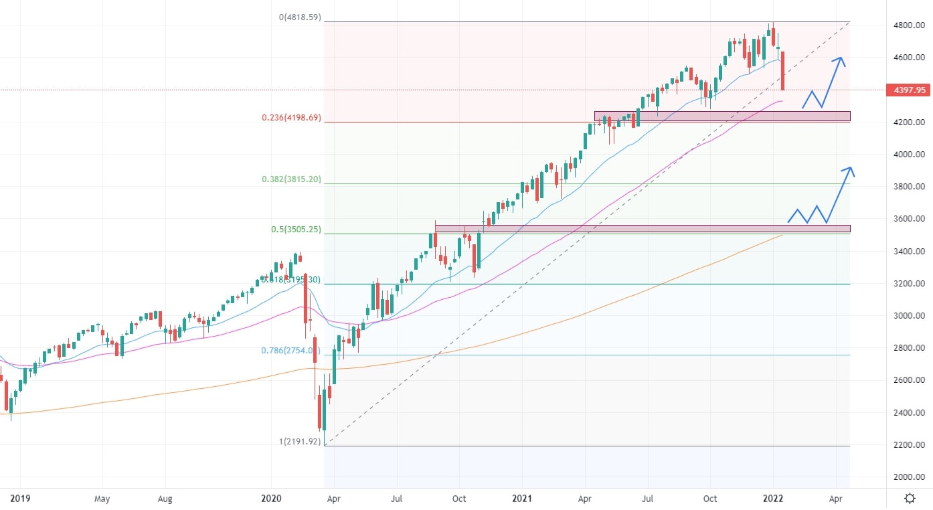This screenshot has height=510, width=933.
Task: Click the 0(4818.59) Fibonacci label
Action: tap(300, 17)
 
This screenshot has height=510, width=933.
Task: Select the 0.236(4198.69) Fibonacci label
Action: tap(291, 118)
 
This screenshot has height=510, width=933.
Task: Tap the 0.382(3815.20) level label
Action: tap(291, 179)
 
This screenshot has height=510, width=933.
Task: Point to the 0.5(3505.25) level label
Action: tap(296, 230)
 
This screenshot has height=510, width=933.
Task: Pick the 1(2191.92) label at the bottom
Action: tap(300, 442)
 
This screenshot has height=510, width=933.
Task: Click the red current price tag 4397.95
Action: tap(907, 90)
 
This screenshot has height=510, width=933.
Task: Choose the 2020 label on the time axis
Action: tap(271, 499)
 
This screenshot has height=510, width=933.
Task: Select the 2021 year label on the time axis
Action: tap(522, 499)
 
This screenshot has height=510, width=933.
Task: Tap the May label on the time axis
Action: tap(102, 499)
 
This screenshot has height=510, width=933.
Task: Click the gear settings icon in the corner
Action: tap(910, 499)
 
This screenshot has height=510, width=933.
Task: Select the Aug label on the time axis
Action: tap(165, 499)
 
